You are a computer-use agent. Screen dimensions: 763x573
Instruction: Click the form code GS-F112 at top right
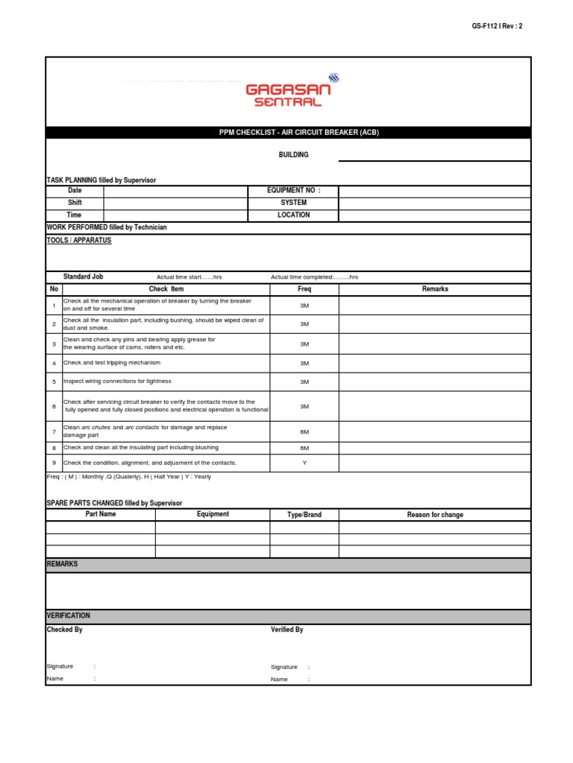point(497,26)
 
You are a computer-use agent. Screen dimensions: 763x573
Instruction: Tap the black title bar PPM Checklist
point(288,133)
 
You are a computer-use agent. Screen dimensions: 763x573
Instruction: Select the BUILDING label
point(294,155)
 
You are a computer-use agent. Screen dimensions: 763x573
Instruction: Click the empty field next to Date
point(175,191)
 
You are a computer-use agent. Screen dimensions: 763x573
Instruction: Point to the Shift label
point(75,203)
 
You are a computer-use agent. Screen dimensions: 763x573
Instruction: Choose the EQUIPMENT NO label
point(294,191)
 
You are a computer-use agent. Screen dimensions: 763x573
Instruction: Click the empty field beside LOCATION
point(435,215)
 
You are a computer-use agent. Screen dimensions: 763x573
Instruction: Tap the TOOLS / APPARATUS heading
point(79,241)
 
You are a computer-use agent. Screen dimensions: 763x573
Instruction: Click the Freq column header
point(304,289)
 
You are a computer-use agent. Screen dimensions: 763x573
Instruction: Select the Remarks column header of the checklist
point(435,289)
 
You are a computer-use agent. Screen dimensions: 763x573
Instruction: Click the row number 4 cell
point(54,363)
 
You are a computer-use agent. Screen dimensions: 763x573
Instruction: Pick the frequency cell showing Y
point(304,463)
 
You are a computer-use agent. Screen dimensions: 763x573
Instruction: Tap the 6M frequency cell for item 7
point(304,431)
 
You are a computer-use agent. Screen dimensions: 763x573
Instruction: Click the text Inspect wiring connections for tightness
point(117,381)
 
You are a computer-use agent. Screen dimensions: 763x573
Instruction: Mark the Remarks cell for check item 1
point(435,305)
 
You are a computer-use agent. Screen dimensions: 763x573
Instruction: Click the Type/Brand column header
point(304,515)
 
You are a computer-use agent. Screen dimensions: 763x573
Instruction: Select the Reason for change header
point(435,515)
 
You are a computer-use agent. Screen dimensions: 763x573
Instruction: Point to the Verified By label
point(287,630)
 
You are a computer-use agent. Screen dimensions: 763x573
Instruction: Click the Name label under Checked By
point(55,679)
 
